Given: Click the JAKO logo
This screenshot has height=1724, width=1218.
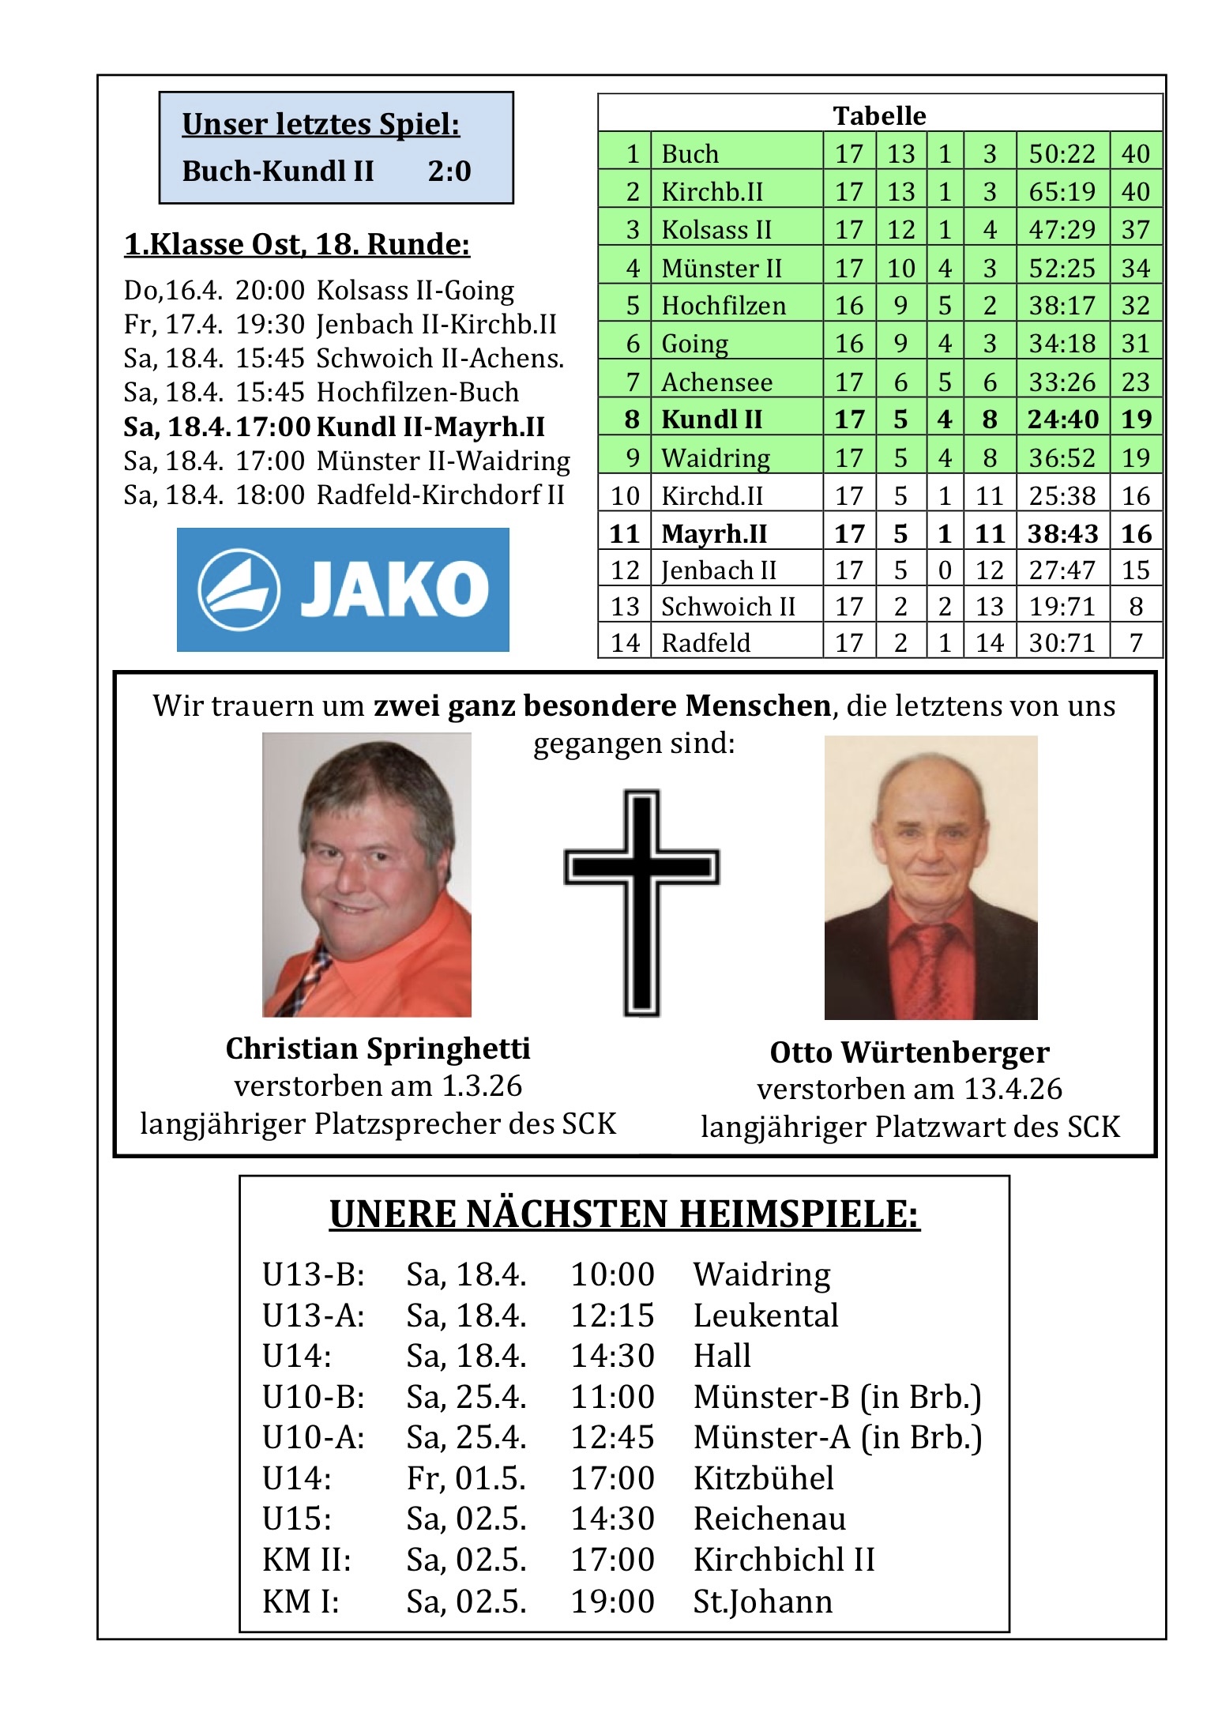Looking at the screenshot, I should (343, 589).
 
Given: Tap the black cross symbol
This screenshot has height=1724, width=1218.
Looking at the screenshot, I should (641, 901).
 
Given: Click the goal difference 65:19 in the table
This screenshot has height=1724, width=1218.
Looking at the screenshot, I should (1062, 191).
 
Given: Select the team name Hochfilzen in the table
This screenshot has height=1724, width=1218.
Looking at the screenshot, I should (724, 306).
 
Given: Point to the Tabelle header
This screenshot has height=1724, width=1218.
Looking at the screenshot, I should (879, 115).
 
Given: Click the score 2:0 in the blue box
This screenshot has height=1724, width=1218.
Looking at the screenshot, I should (449, 171).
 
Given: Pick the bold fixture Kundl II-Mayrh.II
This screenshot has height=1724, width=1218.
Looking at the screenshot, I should (430, 427).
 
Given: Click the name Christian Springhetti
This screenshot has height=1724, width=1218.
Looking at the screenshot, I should (378, 1048).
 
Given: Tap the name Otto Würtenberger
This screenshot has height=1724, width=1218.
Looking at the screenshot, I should (909, 1052).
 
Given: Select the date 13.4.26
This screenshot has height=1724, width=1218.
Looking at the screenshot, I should (1013, 1089).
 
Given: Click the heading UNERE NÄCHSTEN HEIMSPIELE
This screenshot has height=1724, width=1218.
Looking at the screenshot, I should (624, 1214).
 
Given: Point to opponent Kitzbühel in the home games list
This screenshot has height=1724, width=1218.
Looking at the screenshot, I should (763, 1478).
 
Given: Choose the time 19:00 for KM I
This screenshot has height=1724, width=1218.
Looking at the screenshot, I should (612, 1602).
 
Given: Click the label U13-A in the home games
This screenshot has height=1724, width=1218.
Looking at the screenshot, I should (314, 1316).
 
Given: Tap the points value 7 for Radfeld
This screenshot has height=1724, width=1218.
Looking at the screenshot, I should (1136, 643).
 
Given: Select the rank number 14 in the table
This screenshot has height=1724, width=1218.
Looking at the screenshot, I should (624, 643).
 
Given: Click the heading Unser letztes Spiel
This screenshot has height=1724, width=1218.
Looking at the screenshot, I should (321, 124).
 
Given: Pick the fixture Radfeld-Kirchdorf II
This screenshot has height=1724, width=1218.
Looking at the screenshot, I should (440, 495).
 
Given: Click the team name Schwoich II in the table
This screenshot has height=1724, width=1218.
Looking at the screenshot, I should (727, 607).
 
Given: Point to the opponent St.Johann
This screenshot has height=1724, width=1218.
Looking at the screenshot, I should (762, 1602).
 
